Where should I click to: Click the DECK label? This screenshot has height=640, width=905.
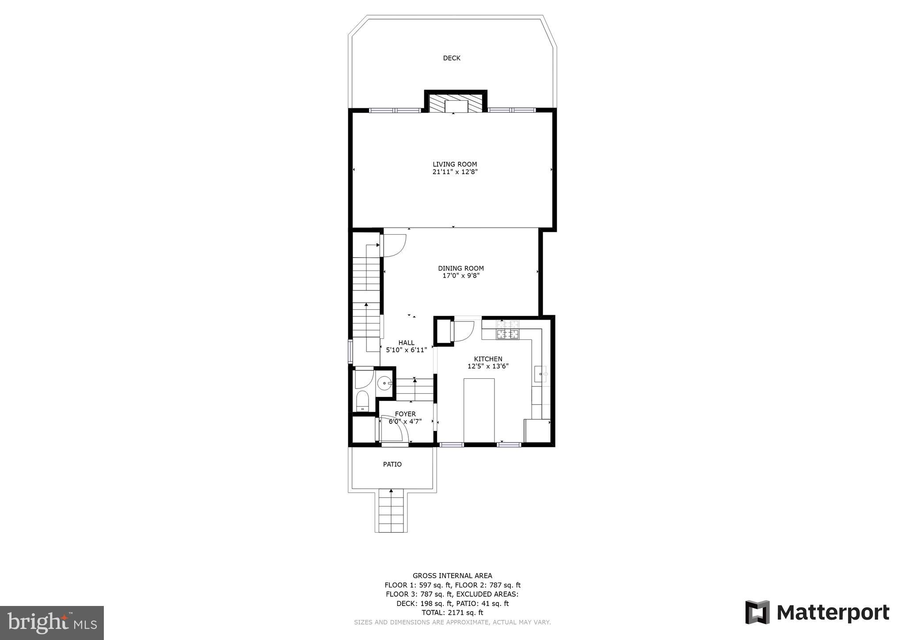click(x=452, y=58)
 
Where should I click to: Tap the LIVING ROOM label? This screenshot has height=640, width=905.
click(x=455, y=164)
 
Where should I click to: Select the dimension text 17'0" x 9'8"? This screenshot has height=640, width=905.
click(x=461, y=276)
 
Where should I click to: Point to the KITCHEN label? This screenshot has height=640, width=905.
click(x=488, y=359)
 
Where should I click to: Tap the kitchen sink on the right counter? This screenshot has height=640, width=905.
click(x=540, y=374)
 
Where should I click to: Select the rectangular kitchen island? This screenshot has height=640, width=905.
click(x=479, y=410)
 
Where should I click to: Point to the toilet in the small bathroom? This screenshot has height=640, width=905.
click(x=362, y=400)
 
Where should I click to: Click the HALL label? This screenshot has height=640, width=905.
click(x=406, y=343)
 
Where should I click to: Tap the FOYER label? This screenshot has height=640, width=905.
click(x=405, y=414)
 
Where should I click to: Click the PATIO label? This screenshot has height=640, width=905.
click(x=392, y=465)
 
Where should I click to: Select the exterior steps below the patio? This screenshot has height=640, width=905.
click(x=391, y=513)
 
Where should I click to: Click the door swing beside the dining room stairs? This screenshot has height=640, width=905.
click(x=394, y=246)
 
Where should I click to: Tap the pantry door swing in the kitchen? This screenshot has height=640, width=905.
click(x=463, y=331)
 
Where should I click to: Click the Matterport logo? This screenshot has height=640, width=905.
click(x=817, y=612)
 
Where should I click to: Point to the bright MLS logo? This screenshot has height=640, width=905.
click(x=52, y=623)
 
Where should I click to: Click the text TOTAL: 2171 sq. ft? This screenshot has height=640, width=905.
click(x=452, y=613)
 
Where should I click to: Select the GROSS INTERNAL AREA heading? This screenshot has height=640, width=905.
click(x=452, y=575)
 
